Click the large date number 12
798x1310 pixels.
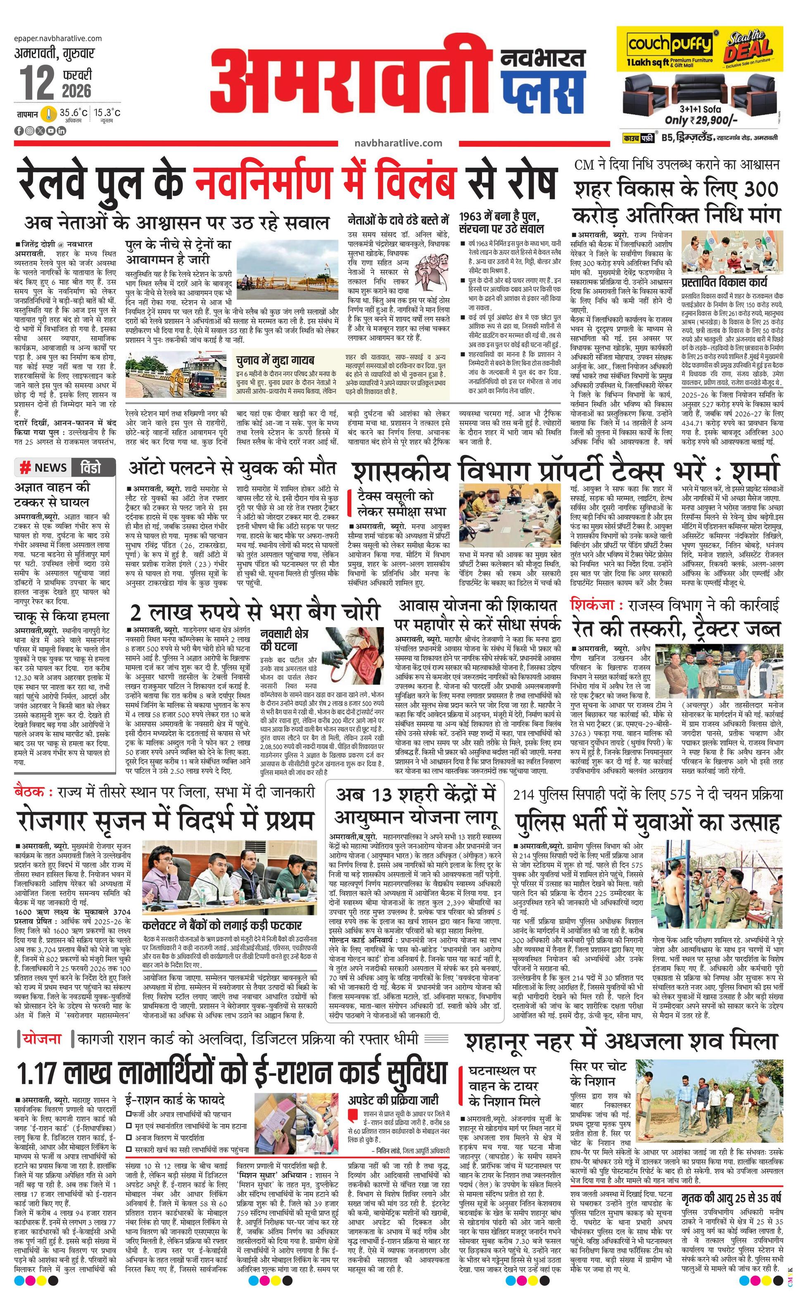[x=37, y=83]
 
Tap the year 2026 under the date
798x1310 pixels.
[x=76, y=90]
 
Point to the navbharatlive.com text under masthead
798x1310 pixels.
[x=398, y=142]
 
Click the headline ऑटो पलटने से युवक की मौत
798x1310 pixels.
[x=232, y=468]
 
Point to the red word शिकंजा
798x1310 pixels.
[x=593, y=604]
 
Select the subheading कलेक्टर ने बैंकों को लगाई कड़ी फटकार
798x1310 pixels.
[x=222, y=925]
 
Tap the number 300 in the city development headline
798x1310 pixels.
[x=761, y=189]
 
